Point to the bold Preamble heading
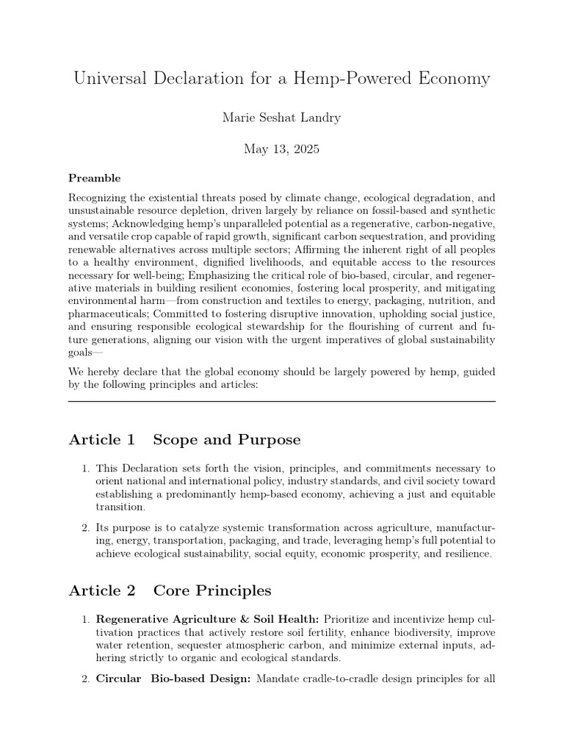pos(94,178)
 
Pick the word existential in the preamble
pos(171,198)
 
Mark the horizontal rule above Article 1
pos(281,401)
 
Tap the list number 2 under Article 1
pos(85,527)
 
